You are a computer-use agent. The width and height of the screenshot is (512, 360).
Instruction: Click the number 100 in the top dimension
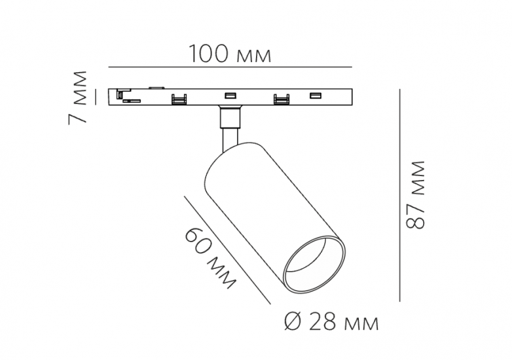(208, 54)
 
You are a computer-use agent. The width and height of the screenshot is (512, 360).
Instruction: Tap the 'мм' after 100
(253, 56)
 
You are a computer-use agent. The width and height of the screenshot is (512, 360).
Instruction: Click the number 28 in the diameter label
(323, 321)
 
